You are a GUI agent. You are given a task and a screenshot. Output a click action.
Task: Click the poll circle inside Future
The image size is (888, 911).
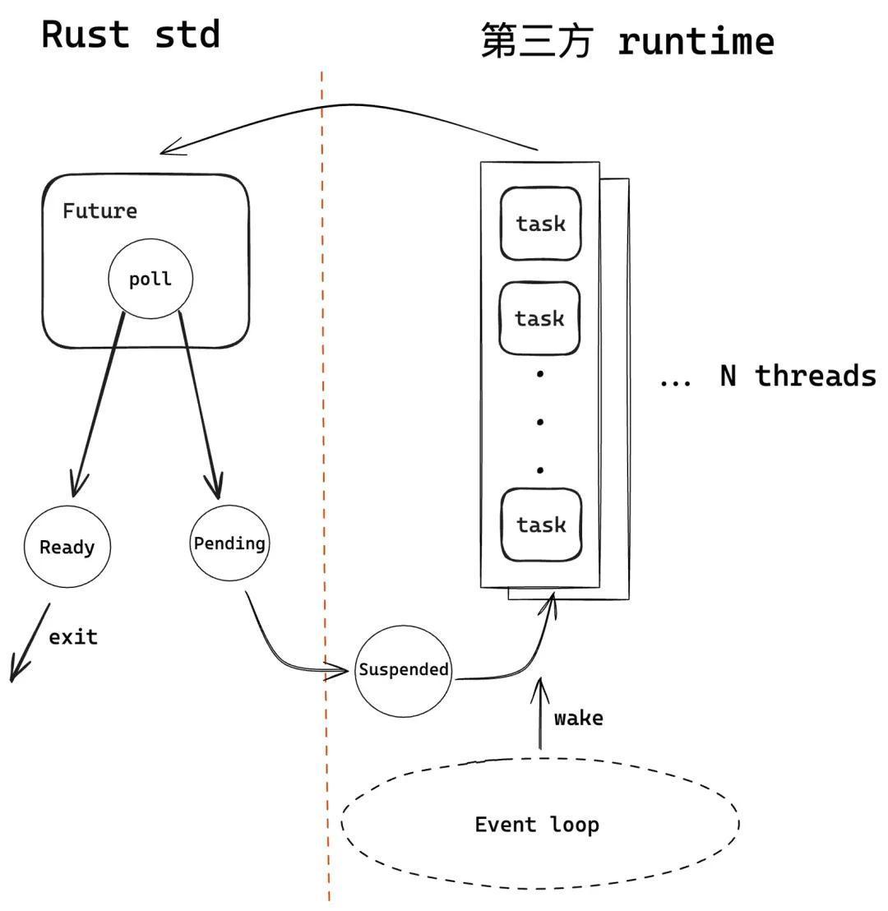tap(150, 279)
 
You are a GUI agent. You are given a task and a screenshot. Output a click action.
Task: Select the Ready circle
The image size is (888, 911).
tap(67, 547)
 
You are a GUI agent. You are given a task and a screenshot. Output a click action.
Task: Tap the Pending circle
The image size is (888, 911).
tap(229, 543)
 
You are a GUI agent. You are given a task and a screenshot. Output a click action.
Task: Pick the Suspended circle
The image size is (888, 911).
tap(403, 669)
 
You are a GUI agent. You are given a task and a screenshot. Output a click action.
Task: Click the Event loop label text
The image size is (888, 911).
tap(537, 824)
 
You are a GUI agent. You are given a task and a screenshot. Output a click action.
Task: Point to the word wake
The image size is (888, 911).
tap(578, 718)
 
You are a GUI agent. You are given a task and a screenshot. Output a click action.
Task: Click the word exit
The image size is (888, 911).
tap(73, 636)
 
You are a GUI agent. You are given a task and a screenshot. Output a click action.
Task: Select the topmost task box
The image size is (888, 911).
tap(540, 224)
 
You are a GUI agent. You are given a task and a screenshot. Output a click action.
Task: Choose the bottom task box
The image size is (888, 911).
tap(540, 525)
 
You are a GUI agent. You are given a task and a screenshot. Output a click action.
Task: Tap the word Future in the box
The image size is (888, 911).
tap(99, 210)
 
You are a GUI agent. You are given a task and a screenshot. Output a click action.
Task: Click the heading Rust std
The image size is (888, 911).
tap(131, 35)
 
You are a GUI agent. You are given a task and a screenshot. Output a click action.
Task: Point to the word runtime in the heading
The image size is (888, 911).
tap(696, 40)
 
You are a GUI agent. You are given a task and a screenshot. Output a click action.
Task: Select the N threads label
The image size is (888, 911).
tap(798, 376)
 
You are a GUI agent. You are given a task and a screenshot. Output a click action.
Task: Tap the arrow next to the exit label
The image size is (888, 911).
tap(30, 643)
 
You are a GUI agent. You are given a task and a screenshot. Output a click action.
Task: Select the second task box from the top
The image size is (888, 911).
tap(540, 318)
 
